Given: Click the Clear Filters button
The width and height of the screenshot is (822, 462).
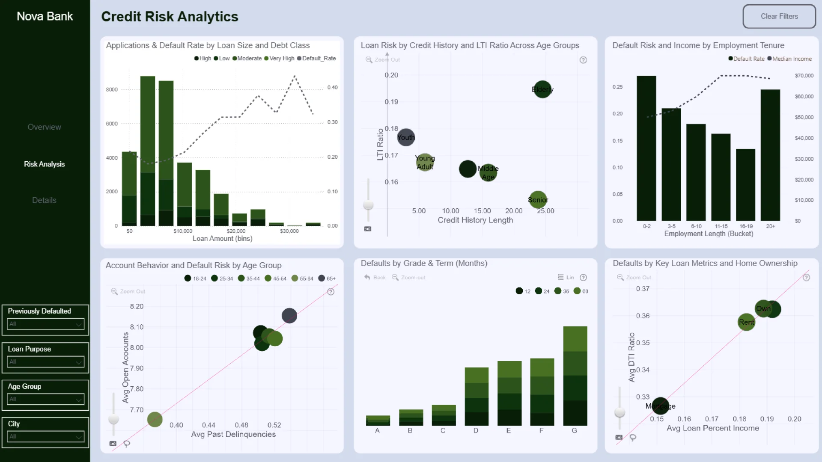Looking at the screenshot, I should [x=779, y=17].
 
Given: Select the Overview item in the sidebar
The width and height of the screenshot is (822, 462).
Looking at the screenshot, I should [x=44, y=127].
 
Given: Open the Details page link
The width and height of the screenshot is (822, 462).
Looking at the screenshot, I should [x=44, y=200].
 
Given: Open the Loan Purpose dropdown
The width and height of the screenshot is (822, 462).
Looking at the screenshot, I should [x=45, y=362].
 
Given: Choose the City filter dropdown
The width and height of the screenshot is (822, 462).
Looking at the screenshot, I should [x=45, y=437].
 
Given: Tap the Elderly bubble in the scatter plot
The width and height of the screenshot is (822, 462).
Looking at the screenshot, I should [x=542, y=89].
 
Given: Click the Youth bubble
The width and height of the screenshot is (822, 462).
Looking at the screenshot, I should [x=405, y=137].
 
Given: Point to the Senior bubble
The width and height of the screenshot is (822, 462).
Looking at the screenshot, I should [x=538, y=200].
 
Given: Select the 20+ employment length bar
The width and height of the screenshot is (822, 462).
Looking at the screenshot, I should [x=770, y=155].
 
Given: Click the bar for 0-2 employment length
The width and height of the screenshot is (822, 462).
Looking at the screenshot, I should [x=646, y=148].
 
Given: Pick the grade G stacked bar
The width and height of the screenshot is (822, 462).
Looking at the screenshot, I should [x=575, y=376].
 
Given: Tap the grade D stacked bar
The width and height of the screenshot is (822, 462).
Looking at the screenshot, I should [x=477, y=397].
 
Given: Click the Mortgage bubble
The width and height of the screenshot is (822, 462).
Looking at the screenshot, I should [x=660, y=406].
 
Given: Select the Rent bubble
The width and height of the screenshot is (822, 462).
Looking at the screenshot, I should [x=746, y=322].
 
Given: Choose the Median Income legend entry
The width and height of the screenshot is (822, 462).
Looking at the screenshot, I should [x=790, y=59].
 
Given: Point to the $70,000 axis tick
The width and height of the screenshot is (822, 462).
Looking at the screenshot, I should [x=804, y=76].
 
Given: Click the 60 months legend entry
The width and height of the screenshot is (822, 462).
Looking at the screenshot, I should [x=581, y=291].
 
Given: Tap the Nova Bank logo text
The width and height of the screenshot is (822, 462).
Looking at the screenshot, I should [x=45, y=16].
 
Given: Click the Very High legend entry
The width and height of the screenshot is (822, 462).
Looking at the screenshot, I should [x=280, y=59].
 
